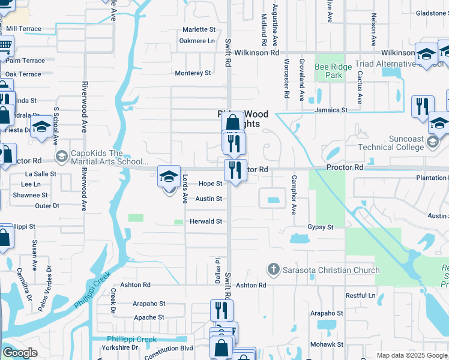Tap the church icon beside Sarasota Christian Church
point(274,269)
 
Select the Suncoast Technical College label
point(390,143)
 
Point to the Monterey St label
point(193,73)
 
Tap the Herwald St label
point(206,221)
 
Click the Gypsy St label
point(321,227)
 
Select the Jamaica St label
point(332,110)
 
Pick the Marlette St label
point(199,29)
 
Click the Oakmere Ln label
point(197,41)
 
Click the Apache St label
point(149,317)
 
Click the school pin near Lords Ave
point(169,178)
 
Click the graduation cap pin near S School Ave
point(41,128)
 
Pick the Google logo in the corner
point(20,353)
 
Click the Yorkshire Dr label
point(119,347)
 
